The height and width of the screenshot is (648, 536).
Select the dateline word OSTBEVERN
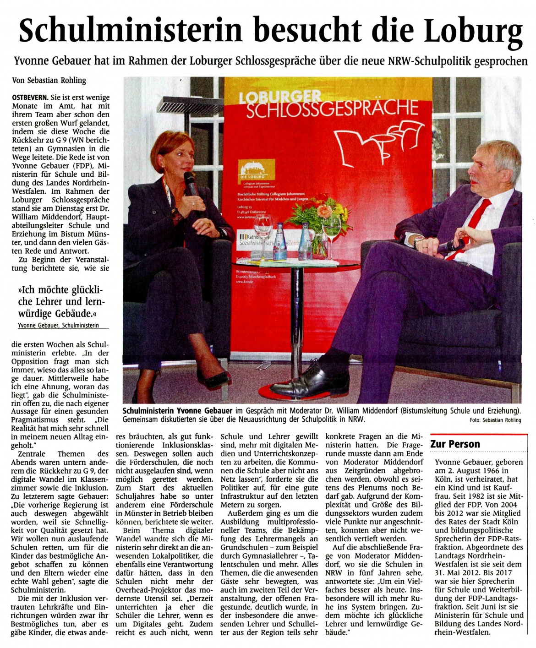click(30, 98)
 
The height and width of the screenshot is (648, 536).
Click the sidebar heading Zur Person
click(455, 444)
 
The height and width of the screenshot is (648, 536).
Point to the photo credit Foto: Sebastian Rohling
click(495, 420)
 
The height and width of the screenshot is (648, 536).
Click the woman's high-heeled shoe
click(215, 379)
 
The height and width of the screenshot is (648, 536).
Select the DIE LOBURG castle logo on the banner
click(257, 170)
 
